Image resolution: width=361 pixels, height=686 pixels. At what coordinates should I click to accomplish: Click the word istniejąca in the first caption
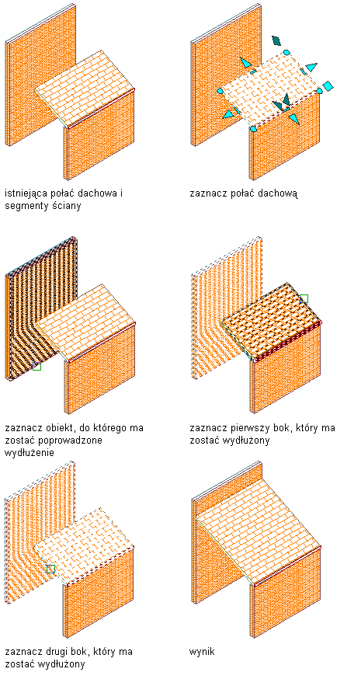27,193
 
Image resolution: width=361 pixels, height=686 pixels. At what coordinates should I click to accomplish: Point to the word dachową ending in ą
279,193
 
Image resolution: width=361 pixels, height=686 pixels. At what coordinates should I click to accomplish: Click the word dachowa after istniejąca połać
98,193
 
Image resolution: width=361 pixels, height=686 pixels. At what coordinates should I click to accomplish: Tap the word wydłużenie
30,452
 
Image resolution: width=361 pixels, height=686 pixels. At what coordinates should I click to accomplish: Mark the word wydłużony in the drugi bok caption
61,664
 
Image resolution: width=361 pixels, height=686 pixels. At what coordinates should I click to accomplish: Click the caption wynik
202,652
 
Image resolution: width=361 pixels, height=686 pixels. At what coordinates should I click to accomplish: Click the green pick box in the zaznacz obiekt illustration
36,366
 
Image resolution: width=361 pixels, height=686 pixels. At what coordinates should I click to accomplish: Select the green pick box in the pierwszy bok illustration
304,299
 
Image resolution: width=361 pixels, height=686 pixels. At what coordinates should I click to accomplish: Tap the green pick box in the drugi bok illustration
50,569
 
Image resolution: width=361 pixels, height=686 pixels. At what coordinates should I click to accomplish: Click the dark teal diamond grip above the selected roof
276,40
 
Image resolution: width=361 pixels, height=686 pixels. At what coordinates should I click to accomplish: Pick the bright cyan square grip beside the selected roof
328,85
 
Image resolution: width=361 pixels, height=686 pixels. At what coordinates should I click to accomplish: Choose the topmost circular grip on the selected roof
286,53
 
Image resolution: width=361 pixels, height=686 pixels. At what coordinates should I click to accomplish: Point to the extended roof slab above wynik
259,517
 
